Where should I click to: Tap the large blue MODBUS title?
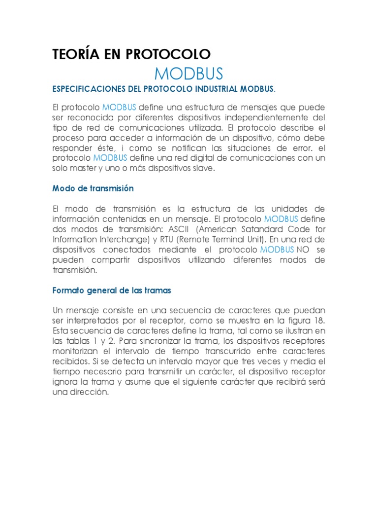click(x=189, y=73)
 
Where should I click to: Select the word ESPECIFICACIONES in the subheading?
click(x=94, y=89)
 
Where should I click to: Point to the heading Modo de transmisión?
click(x=93, y=188)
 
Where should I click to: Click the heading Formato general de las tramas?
click(x=112, y=290)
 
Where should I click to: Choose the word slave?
click(x=206, y=168)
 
